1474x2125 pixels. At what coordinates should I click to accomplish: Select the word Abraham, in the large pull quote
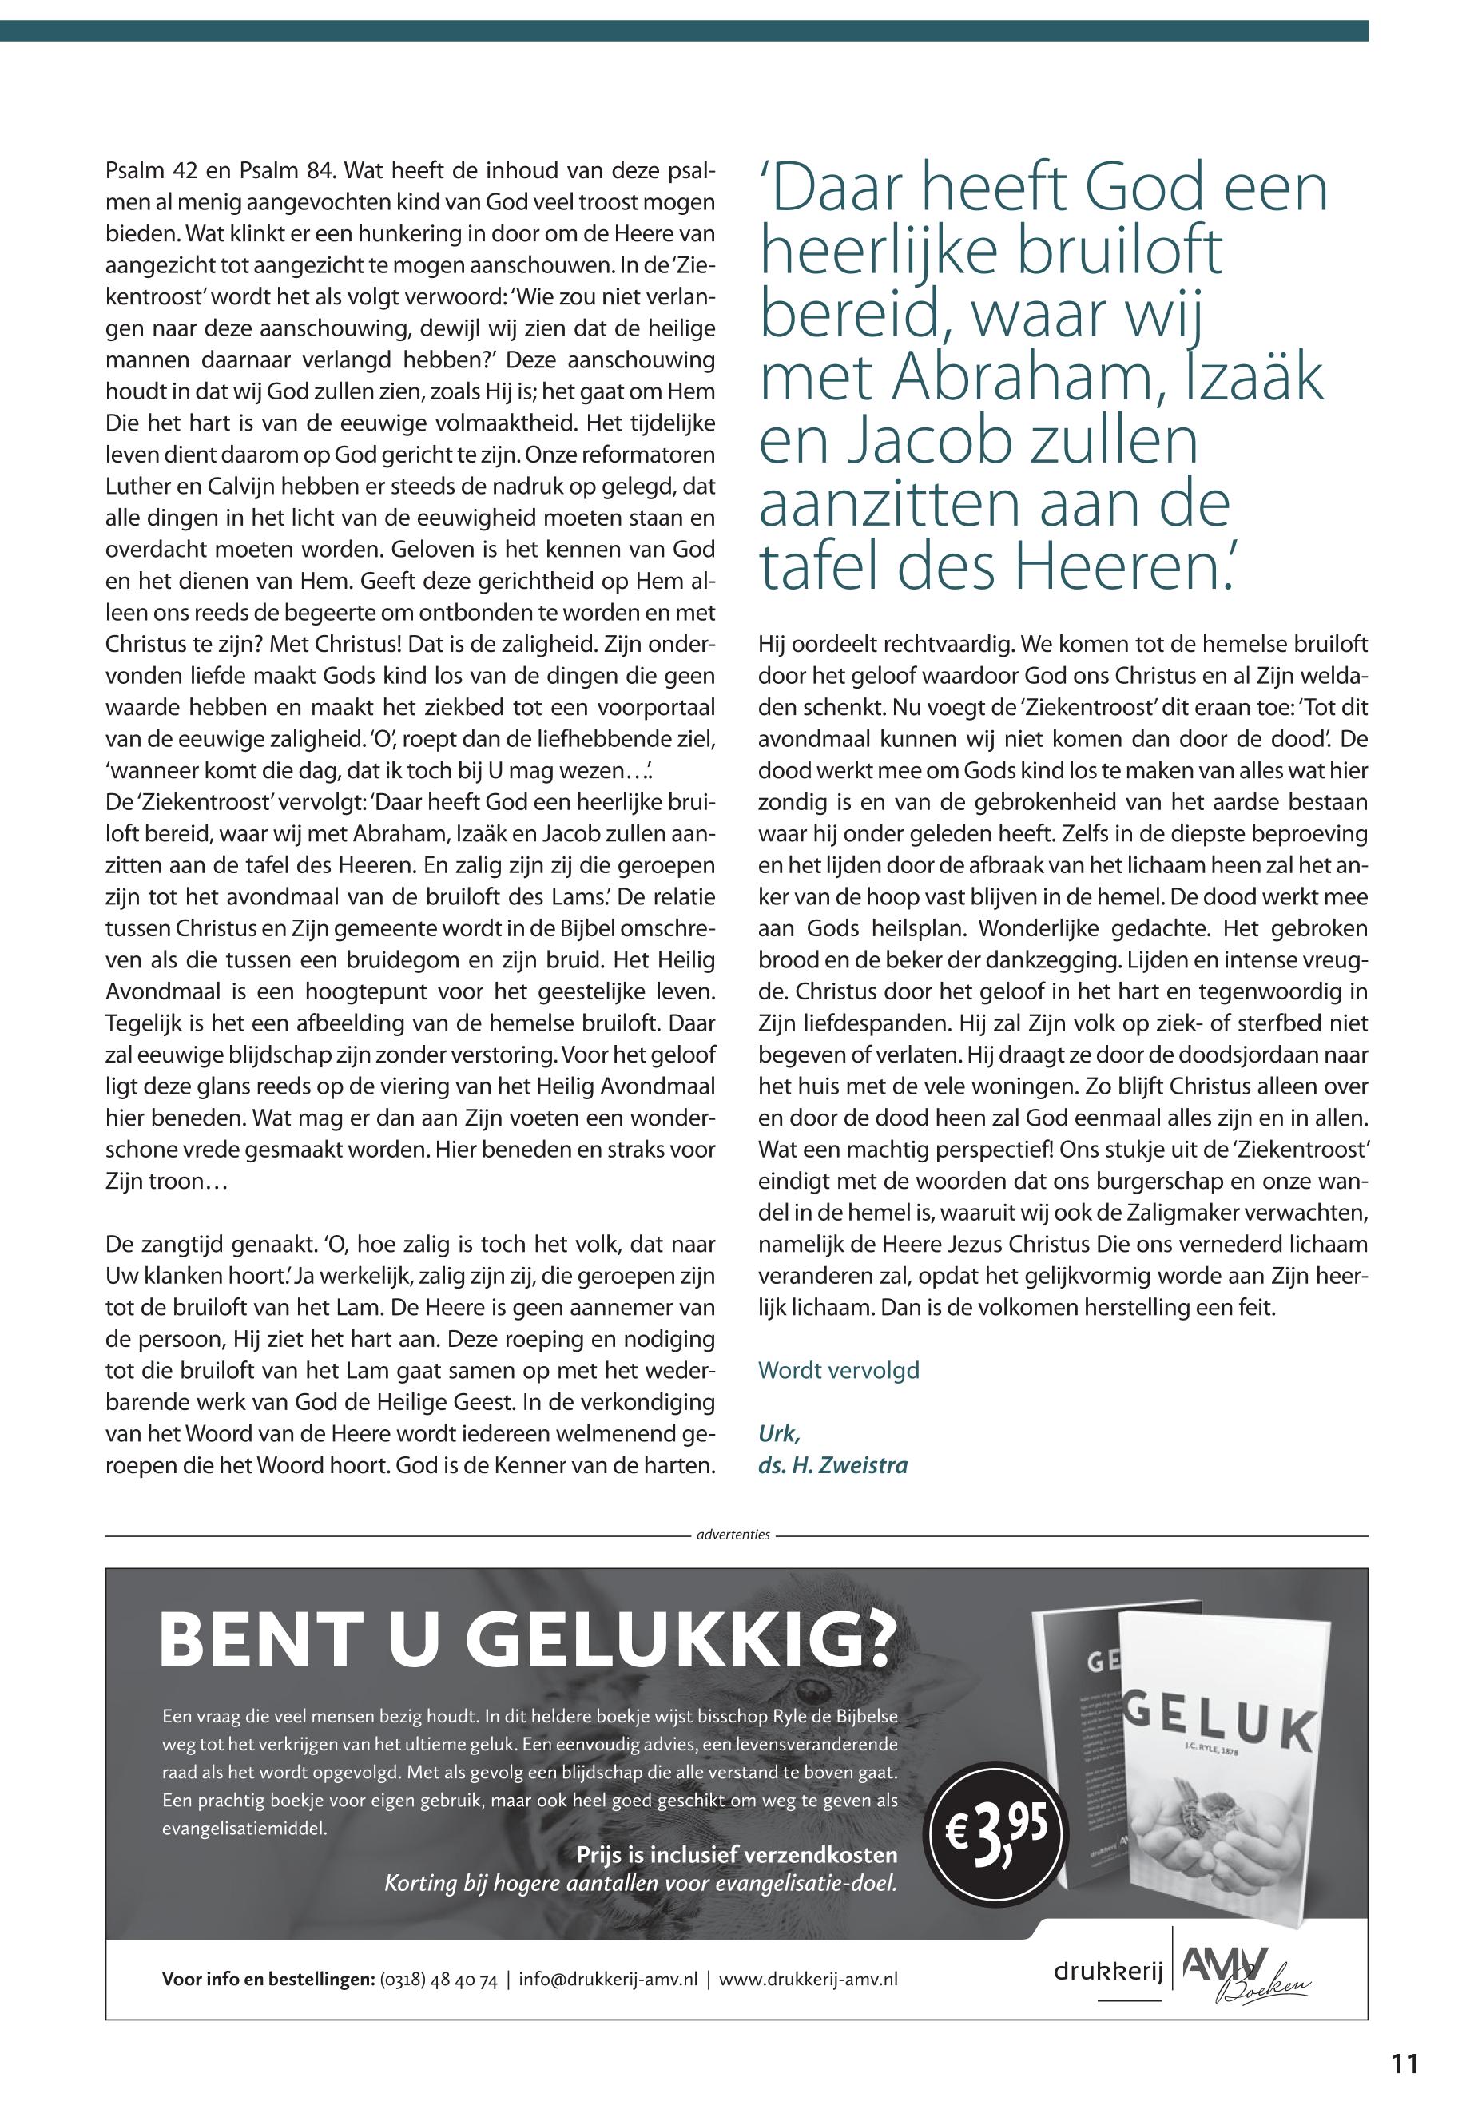[983, 380]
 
